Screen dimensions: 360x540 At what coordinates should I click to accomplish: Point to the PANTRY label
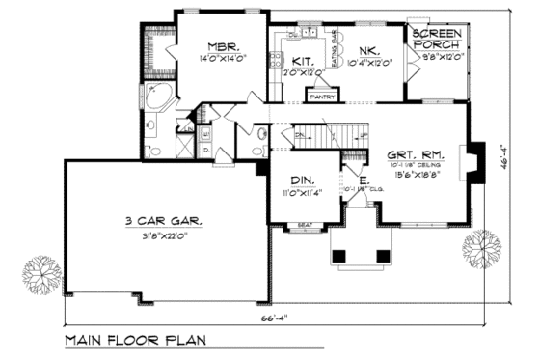[x=320, y=95]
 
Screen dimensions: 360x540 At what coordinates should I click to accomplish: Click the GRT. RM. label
[x=414, y=154]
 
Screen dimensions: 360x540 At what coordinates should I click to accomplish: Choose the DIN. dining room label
[x=303, y=180]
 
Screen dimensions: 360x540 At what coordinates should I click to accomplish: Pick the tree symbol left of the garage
[x=38, y=269]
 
